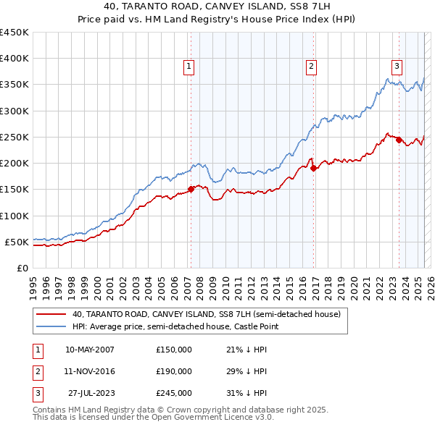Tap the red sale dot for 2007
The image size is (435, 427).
coord(191,190)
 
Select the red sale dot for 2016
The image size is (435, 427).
coord(314,169)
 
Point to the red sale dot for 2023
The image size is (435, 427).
coord(399,140)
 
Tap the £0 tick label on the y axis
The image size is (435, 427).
coord(22,268)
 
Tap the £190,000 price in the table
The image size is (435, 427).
coord(174,371)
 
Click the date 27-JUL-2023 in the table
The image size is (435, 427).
coord(91,393)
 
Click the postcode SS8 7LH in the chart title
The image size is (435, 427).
coord(309,8)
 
